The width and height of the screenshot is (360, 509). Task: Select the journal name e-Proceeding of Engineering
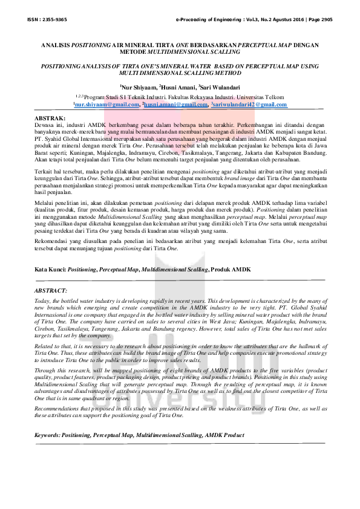point(207,19)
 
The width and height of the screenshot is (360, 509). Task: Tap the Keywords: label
point(49,435)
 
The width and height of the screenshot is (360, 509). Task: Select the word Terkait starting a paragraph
point(44,172)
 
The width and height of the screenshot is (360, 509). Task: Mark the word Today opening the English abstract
point(42,300)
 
